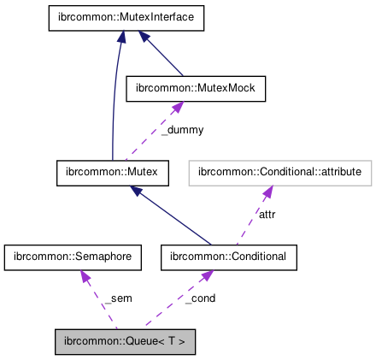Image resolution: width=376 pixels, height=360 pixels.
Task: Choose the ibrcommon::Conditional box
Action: pos(229,257)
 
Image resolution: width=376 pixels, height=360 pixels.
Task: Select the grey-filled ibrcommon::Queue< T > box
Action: pos(126,341)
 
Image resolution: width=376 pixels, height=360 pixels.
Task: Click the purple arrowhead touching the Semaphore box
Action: pos(83,275)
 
